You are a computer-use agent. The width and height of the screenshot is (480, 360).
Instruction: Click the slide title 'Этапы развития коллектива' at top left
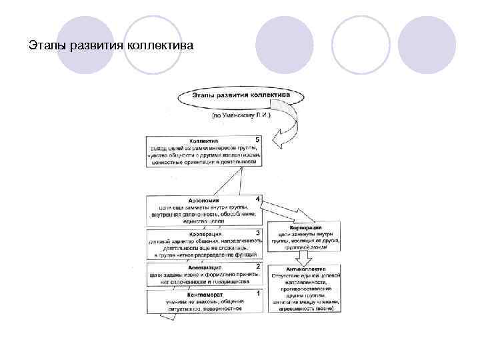112,46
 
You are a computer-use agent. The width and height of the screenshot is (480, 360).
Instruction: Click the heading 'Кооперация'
203,234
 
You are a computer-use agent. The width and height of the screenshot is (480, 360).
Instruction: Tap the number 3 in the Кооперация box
258,233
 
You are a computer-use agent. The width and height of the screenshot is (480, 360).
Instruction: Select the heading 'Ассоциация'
203,267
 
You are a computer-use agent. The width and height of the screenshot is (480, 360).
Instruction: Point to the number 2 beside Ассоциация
258,266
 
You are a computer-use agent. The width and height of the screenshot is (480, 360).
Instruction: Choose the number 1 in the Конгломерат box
258,292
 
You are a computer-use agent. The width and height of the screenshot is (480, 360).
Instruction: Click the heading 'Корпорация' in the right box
307,227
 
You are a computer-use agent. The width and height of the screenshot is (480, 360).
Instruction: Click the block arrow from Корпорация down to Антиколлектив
305,256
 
